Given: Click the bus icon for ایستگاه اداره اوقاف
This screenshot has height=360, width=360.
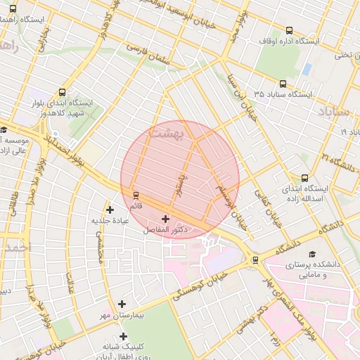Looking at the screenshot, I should pyautogui.click(x=290, y=30).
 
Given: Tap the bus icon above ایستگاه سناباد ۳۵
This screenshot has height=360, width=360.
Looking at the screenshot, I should pyautogui.click(x=283, y=84).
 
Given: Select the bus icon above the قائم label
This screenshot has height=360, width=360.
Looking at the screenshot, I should pyautogui.click(x=135, y=195).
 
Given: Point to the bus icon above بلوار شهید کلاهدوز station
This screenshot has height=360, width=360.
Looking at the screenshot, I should pyautogui.click(x=63, y=91).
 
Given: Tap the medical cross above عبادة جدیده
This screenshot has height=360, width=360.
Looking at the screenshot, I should pyautogui.click(x=110, y=209).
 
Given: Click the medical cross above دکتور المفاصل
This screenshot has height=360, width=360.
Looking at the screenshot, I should pyautogui.click(x=166, y=219).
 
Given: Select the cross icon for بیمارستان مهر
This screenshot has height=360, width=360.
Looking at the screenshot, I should pyautogui.click(x=122, y=304).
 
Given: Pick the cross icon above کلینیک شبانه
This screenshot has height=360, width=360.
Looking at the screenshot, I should pyautogui.click(x=124, y=336).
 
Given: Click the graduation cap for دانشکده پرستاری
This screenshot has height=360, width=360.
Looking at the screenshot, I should pyautogui.click(x=312, y=254).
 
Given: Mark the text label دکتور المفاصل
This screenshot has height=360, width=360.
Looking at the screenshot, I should pyautogui.click(x=166, y=230).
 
